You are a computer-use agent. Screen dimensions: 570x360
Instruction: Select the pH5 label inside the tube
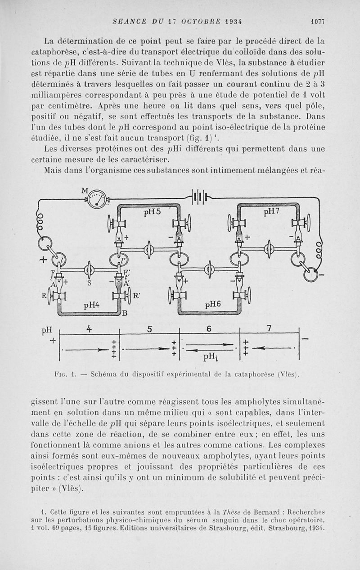click(152, 212)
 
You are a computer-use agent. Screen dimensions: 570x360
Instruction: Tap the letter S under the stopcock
click(89, 283)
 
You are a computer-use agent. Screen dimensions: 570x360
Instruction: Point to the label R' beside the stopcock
click(137, 296)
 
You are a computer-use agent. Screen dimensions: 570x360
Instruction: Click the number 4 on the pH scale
click(89, 328)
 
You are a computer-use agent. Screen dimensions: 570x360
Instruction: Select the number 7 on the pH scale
click(270, 328)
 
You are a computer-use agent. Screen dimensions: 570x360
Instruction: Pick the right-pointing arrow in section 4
click(86, 349)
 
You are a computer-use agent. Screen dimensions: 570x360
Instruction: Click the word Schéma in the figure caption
click(104, 373)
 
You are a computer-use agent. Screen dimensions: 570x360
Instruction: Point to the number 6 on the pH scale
click(209, 328)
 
